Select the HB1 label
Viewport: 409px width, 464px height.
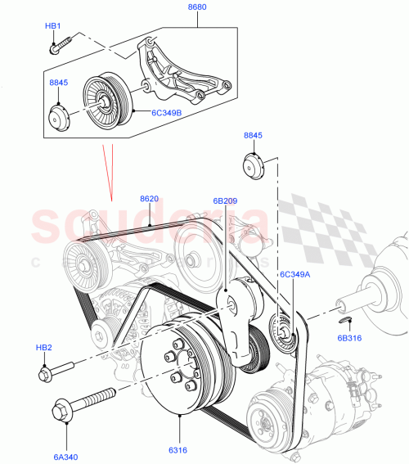[x=53, y=26]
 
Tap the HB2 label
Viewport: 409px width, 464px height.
[x=43, y=348]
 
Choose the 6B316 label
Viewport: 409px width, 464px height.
[x=349, y=337]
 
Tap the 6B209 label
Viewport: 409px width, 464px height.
[x=225, y=199]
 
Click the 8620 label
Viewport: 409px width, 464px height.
[x=149, y=198]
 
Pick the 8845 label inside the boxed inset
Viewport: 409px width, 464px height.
[x=58, y=83]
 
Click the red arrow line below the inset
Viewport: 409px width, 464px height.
[x=107, y=172]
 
